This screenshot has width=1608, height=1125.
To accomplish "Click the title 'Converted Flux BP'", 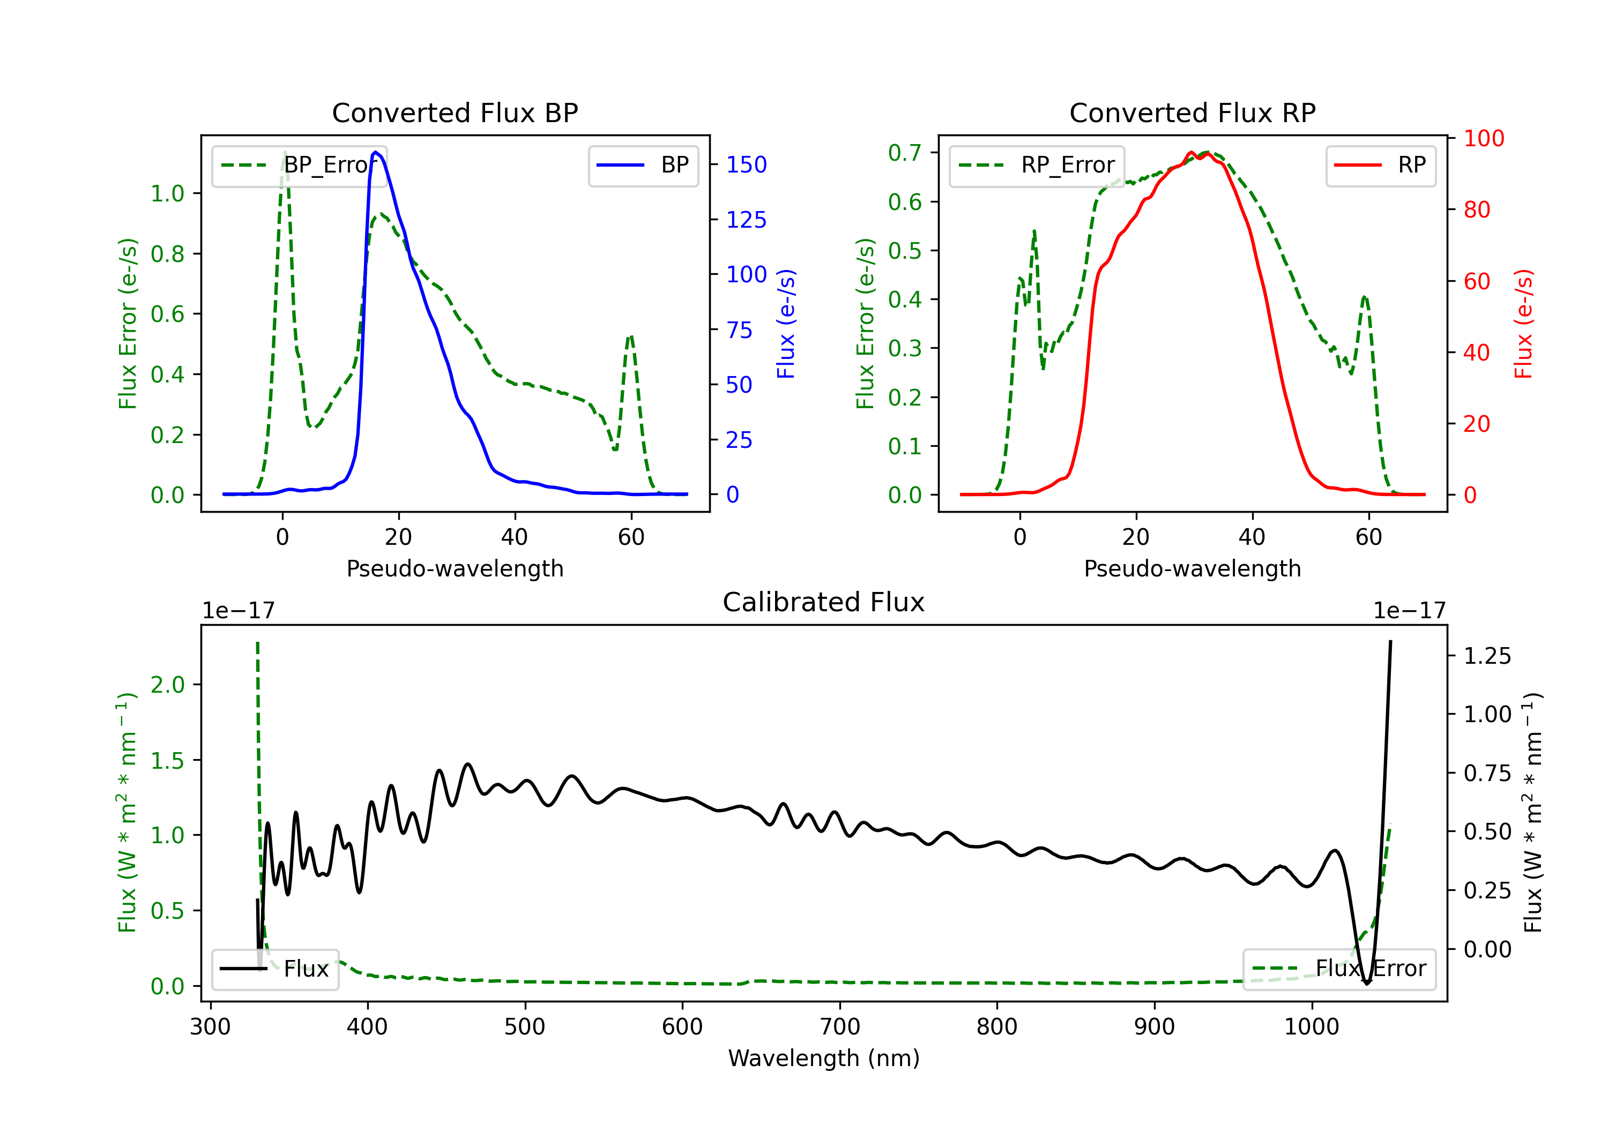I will [455, 112].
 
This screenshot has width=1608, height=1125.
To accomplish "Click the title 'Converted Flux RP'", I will [1192, 112].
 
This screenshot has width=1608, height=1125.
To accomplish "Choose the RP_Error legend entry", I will [1037, 165].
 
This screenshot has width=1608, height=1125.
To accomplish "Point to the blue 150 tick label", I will [746, 164].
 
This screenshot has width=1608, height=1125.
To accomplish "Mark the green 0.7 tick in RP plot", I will [904, 153].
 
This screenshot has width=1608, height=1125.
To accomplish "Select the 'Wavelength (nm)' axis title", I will [824, 1058].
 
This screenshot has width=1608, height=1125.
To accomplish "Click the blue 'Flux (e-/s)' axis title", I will [786, 324].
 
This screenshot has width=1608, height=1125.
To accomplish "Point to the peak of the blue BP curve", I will [376, 152].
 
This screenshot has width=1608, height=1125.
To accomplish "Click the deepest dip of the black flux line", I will [1366, 983].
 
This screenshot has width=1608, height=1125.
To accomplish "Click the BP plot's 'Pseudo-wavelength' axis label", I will [455, 568].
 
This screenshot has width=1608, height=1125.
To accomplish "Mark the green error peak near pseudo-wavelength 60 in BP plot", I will [631, 337].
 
